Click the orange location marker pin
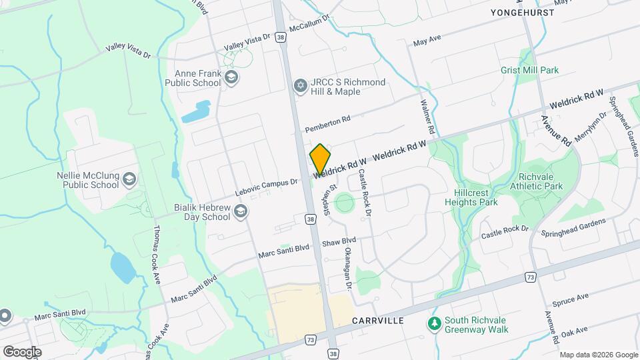(320, 159)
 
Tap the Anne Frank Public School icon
(231, 78)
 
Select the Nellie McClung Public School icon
(129, 179)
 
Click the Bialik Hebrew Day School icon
(240, 212)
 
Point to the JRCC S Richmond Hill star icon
(301, 86)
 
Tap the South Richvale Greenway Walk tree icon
(435, 324)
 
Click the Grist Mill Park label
(529, 70)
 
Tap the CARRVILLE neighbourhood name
(378, 321)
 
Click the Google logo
(22, 351)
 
